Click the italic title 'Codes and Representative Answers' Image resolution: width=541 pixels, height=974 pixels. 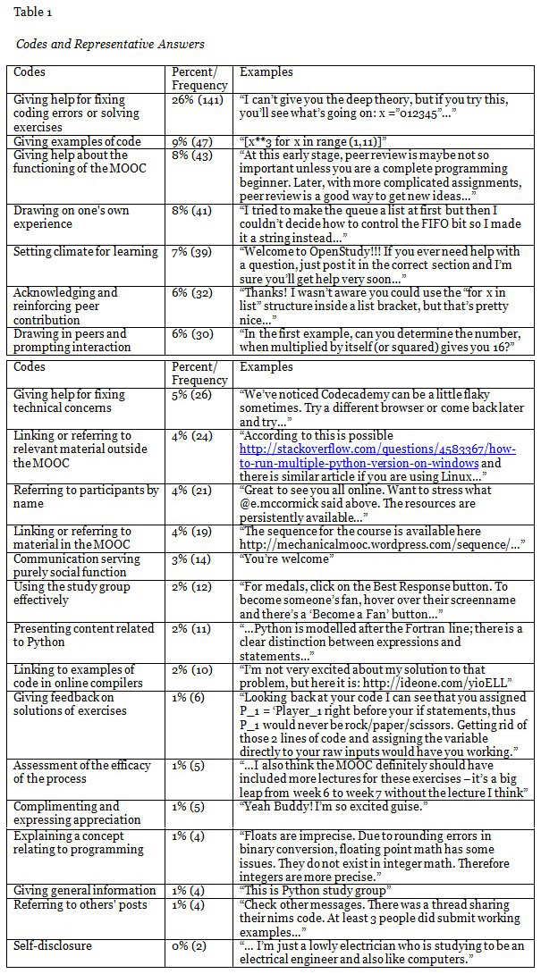110,44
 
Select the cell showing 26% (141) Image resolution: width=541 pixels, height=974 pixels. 191,100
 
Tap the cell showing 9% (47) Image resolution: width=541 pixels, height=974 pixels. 188,142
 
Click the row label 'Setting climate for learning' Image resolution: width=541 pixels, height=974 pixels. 85,253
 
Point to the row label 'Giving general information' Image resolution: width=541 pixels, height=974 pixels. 85,891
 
